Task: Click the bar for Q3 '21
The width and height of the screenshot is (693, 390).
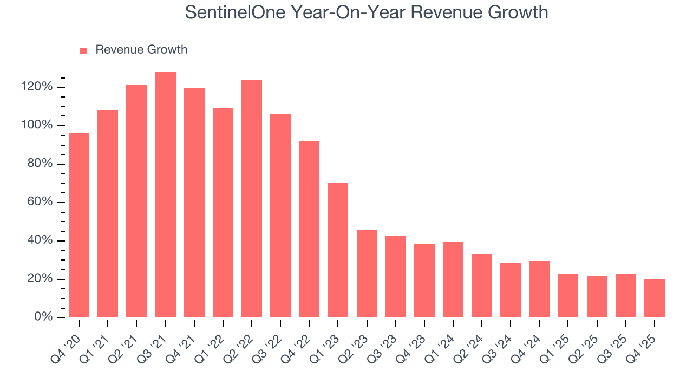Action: (x=165, y=194)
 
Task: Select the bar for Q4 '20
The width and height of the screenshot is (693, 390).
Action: (x=79, y=225)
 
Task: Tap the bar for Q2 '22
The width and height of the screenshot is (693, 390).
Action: (x=252, y=198)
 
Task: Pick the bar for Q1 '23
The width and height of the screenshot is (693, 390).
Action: (x=338, y=250)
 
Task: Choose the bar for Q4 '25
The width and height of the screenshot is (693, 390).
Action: (x=655, y=298)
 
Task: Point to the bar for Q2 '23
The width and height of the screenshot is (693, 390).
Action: (x=367, y=274)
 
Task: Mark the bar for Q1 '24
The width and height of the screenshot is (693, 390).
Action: (x=453, y=279)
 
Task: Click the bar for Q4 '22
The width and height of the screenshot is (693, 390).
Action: (x=309, y=229)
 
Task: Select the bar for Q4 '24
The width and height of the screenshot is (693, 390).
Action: (x=539, y=289)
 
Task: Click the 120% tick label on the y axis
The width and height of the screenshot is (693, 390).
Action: (x=37, y=87)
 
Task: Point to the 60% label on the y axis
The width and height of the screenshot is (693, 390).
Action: (x=40, y=202)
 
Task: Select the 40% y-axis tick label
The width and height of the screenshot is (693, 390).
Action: (x=40, y=240)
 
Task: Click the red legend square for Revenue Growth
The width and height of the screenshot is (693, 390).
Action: (x=83, y=51)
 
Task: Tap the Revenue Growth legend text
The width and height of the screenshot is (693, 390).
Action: (x=141, y=50)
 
